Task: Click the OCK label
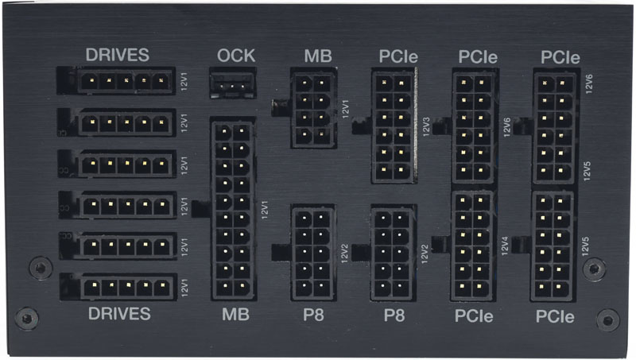[x=236, y=56]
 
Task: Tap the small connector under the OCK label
[x=233, y=83]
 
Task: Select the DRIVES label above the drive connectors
[x=117, y=55]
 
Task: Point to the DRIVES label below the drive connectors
[x=119, y=313]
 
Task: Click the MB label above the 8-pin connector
[x=318, y=56]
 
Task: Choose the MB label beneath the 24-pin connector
[x=235, y=314]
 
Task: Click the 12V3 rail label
[x=426, y=127]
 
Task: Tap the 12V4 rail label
[x=505, y=246]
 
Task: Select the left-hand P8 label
[x=313, y=315]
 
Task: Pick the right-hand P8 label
[x=394, y=315]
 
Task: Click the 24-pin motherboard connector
[x=233, y=209]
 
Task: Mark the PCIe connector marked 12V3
[x=394, y=126]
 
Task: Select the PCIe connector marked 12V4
[x=472, y=246]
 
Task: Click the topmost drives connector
[x=116, y=81]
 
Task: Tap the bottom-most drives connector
[x=118, y=287]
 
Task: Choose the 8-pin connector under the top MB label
[x=313, y=108]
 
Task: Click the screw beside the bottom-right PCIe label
[x=607, y=321]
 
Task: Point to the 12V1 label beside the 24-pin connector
[x=265, y=210]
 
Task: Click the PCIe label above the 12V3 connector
[x=398, y=56]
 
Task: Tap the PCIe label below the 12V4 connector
[x=474, y=316]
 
